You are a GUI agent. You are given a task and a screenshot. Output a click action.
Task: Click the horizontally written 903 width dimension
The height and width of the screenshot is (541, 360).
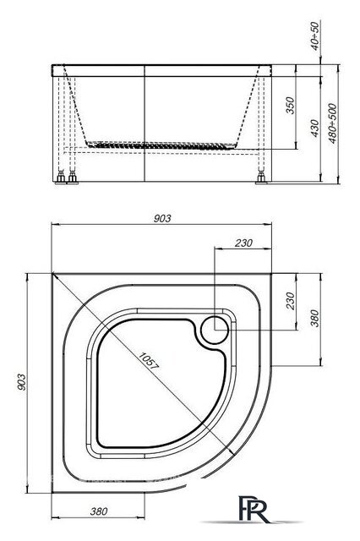(x=162, y=218)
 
